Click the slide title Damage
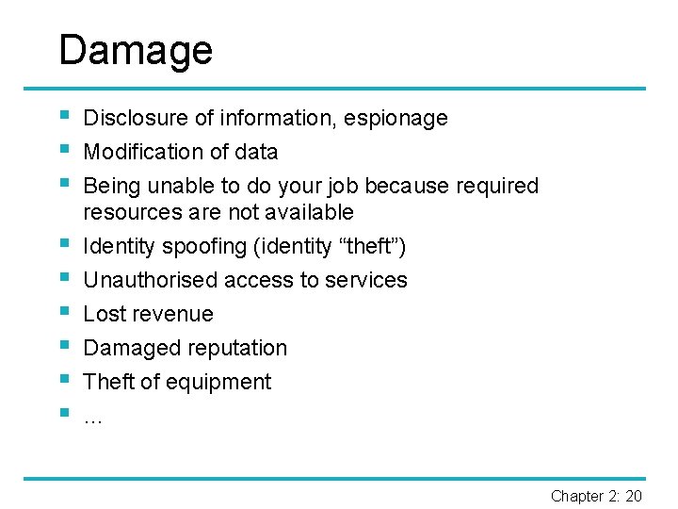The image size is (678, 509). click(136, 50)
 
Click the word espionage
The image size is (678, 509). click(395, 119)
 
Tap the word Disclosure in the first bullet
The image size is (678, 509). click(136, 119)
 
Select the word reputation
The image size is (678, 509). click(234, 348)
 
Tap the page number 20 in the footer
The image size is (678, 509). click(634, 496)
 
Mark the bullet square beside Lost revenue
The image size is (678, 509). click(63, 312)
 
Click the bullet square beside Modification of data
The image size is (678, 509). click(63, 150)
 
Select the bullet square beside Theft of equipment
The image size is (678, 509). click(63, 380)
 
